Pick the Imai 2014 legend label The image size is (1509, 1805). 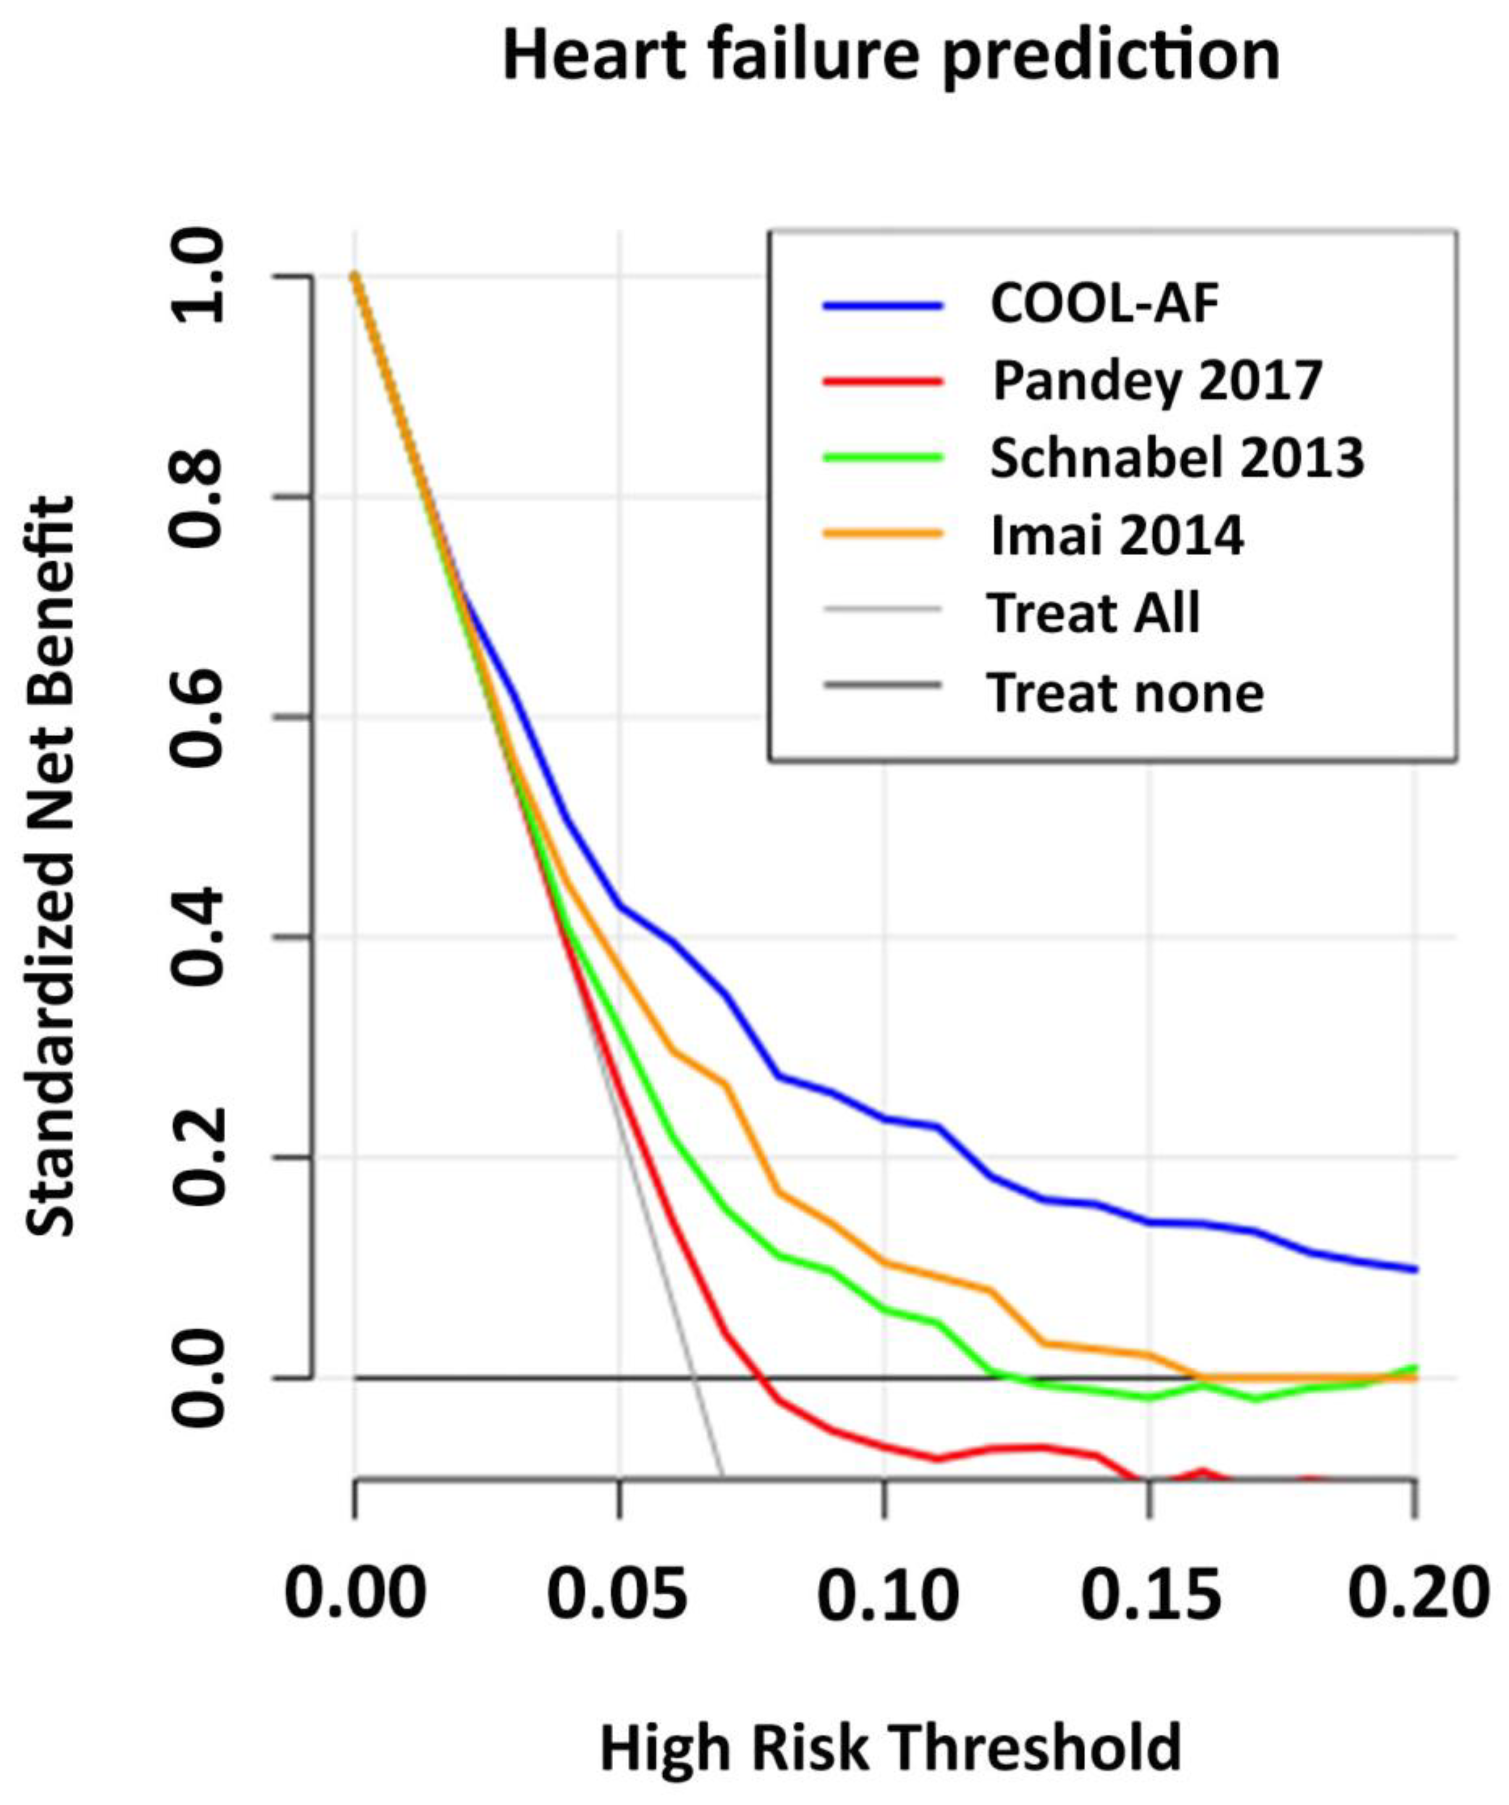click(1117, 535)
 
